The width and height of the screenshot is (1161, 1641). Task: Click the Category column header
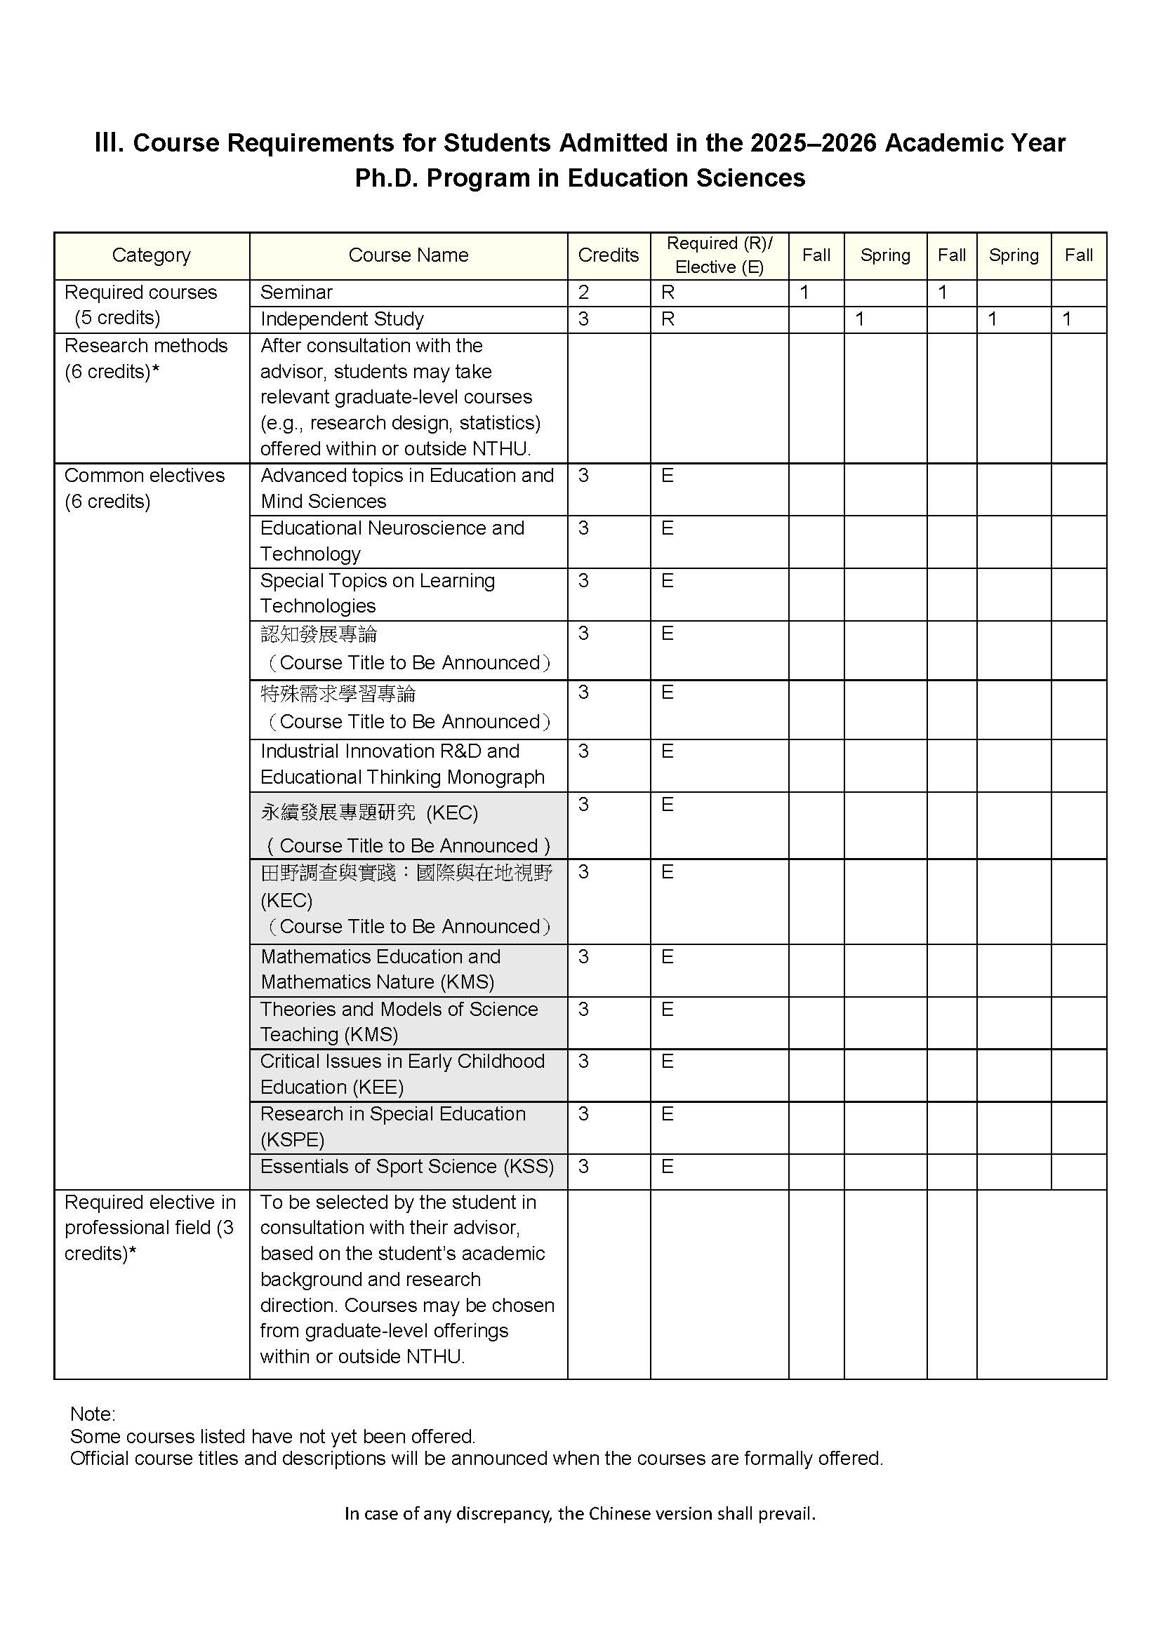pos(151,255)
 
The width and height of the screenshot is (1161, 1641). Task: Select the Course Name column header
pos(409,255)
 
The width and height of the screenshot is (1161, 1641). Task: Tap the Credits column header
pos(609,255)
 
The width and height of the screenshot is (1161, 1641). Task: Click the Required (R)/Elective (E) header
pos(719,255)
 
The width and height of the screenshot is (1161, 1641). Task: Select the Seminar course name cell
pos(297,293)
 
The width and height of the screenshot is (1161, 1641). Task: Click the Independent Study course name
pos(342,319)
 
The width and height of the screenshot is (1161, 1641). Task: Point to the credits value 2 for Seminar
pos(583,293)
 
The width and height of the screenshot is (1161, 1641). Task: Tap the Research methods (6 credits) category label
pos(146,358)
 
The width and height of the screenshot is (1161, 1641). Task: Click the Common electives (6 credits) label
pos(145,488)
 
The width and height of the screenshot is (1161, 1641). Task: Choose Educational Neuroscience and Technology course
pos(392,541)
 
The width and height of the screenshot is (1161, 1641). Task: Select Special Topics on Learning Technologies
pos(378,594)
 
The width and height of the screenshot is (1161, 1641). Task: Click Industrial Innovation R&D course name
pos(402,764)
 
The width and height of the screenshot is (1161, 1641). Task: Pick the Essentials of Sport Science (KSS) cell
pos(407,1167)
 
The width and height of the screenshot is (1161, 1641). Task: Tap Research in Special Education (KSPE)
pos(392,1127)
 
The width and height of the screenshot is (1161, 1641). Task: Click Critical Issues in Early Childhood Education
pos(402,1074)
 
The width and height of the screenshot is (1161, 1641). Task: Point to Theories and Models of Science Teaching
pos(399,1022)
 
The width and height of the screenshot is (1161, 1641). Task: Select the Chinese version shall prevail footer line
pos(580,1513)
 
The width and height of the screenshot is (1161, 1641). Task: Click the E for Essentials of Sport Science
pos(667,1167)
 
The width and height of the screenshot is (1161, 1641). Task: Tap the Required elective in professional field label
pos(150,1228)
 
